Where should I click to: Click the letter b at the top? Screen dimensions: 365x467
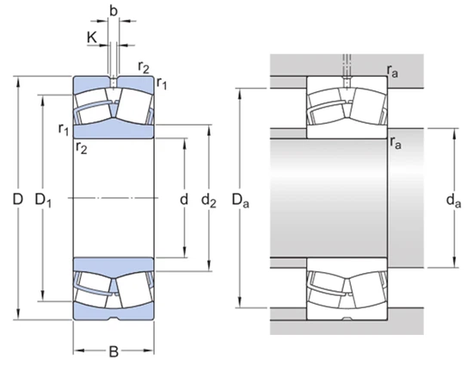coord(114,11)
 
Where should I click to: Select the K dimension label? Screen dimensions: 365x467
coord(92,36)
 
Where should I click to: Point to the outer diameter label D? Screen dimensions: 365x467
coord(16,200)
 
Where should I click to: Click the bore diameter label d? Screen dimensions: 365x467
coord(182,200)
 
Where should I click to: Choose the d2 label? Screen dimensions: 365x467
coord(209,201)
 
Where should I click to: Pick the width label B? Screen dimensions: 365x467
coord(114,351)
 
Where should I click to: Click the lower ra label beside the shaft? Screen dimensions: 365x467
coord(394,143)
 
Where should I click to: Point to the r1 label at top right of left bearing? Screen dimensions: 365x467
coord(161,83)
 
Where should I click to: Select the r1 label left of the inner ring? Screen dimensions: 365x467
coord(63,130)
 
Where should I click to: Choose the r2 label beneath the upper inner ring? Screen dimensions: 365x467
coord(82,148)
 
